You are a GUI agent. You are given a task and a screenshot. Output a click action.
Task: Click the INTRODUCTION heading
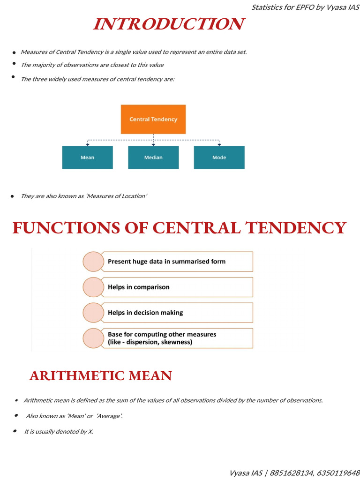pyautogui.click(x=169, y=24)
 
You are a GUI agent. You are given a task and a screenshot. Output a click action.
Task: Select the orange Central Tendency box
pyautogui.click(x=153, y=119)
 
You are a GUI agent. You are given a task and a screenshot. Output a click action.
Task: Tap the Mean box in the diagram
pyautogui.click(x=87, y=157)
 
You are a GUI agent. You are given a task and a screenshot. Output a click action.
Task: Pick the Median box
pyautogui.click(x=153, y=157)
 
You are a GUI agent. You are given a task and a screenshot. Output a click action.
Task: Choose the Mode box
pyautogui.click(x=219, y=157)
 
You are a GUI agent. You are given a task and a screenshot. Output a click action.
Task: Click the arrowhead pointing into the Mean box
pyautogui.click(x=88, y=144)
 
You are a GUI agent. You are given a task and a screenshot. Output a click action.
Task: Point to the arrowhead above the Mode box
pyautogui.click(x=219, y=144)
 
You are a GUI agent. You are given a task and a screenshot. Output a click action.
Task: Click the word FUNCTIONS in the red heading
pyautogui.click(x=66, y=228)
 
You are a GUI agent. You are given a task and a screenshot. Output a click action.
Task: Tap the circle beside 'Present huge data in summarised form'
pyautogui.click(x=93, y=262)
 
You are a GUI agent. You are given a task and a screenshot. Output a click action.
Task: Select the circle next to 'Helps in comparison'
pyautogui.click(x=93, y=287)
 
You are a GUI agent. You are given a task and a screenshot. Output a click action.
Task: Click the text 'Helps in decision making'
pyautogui.click(x=145, y=313)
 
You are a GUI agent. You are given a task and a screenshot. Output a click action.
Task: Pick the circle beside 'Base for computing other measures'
pyautogui.click(x=93, y=338)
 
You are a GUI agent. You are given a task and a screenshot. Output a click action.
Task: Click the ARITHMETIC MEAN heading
pyautogui.click(x=101, y=376)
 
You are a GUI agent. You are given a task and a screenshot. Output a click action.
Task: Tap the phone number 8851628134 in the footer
pyautogui.click(x=292, y=473)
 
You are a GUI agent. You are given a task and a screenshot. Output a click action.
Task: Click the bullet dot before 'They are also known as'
pyautogui.click(x=12, y=196)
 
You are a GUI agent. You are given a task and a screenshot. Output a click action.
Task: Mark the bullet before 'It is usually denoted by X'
pyautogui.click(x=15, y=431)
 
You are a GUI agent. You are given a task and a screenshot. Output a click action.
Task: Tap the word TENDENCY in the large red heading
pyautogui.click(x=296, y=228)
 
